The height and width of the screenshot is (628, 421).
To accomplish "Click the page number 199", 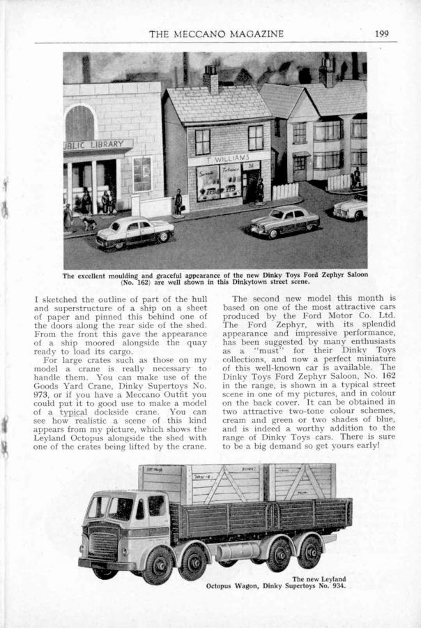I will tap(381, 33).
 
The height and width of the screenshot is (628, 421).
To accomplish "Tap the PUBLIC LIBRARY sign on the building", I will tap(98, 146).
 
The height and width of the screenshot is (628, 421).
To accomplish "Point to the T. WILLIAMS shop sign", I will tap(224, 158).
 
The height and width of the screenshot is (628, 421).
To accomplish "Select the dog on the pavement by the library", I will tap(90, 224).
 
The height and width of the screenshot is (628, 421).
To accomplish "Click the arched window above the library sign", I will tap(79, 124).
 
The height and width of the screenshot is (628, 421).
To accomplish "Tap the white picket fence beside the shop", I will tap(285, 190).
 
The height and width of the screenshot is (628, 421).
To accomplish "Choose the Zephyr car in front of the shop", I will tap(285, 221).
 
